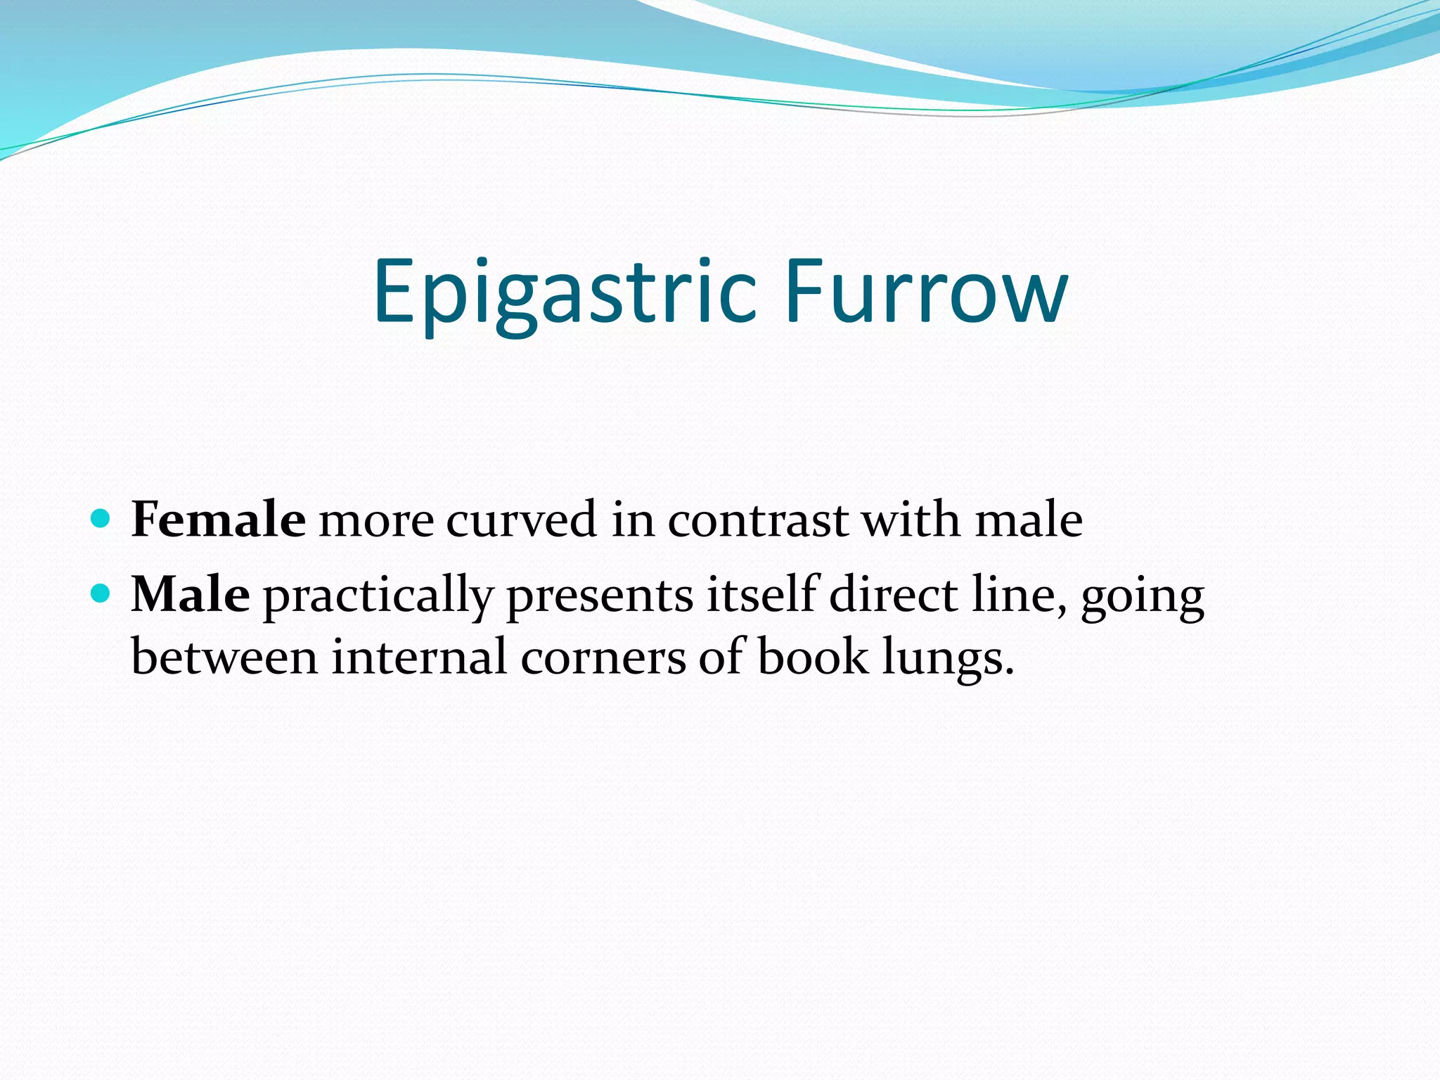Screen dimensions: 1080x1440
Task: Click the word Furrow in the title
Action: pos(926,292)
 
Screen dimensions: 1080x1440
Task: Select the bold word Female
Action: pos(218,520)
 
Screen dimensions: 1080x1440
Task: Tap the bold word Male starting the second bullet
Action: pos(190,594)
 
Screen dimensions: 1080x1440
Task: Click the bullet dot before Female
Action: pos(101,519)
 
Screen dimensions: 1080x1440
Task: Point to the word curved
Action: pos(521,520)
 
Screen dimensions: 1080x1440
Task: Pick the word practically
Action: pos(378,596)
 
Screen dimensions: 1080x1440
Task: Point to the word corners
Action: pos(603,658)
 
